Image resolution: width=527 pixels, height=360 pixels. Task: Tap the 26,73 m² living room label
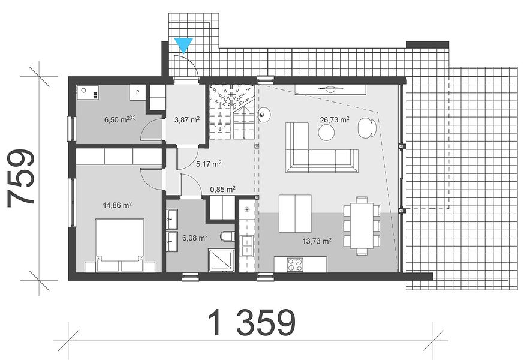pyautogui.click(x=335, y=120)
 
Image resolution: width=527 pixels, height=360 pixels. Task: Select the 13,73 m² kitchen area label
pyautogui.click(x=317, y=241)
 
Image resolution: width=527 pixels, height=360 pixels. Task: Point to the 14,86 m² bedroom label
pyautogui.click(x=117, y=205)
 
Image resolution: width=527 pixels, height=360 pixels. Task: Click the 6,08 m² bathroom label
pyautogui.click(x=195, y=238)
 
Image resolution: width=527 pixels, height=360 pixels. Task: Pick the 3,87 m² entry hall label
pyautogui.click(x=187, y=119)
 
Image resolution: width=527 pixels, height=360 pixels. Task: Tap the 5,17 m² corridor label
pyautogui.click(x=209, y=164)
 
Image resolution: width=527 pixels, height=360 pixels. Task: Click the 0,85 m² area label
pyautogui.click(x=222, y=190)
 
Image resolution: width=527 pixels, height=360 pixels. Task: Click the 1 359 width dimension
pyautogui.click(x=251, y=323)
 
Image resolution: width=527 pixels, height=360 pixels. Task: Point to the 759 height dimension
pyautogui.click(x=21, y=178)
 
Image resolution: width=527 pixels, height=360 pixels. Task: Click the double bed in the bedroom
pyautogui.click(x=120, y=245)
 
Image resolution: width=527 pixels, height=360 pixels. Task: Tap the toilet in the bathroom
pyautogui.click(x=228, y=236)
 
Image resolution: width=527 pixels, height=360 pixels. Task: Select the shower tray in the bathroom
pyautogui.click(x=222, y=260)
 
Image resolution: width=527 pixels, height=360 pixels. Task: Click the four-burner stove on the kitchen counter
pyautogui.click(x=295, y=265)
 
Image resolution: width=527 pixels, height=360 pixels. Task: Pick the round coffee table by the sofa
pyautogui.click(x=326, y=132)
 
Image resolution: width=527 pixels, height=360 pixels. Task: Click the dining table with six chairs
pyautogui.click(x=362, y=226)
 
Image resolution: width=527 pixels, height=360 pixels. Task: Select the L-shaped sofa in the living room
pyautogui.click(x=321, y=148)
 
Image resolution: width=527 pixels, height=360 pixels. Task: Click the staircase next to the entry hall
pyautogui.click(x=232, y=112)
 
